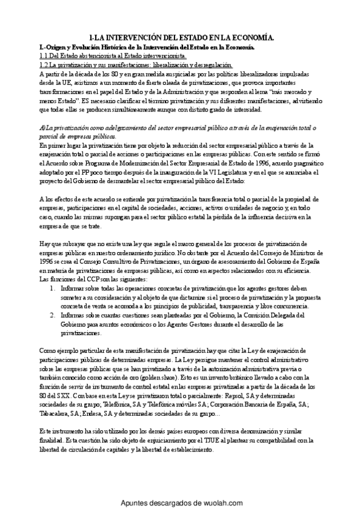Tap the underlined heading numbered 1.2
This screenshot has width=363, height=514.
135,64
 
